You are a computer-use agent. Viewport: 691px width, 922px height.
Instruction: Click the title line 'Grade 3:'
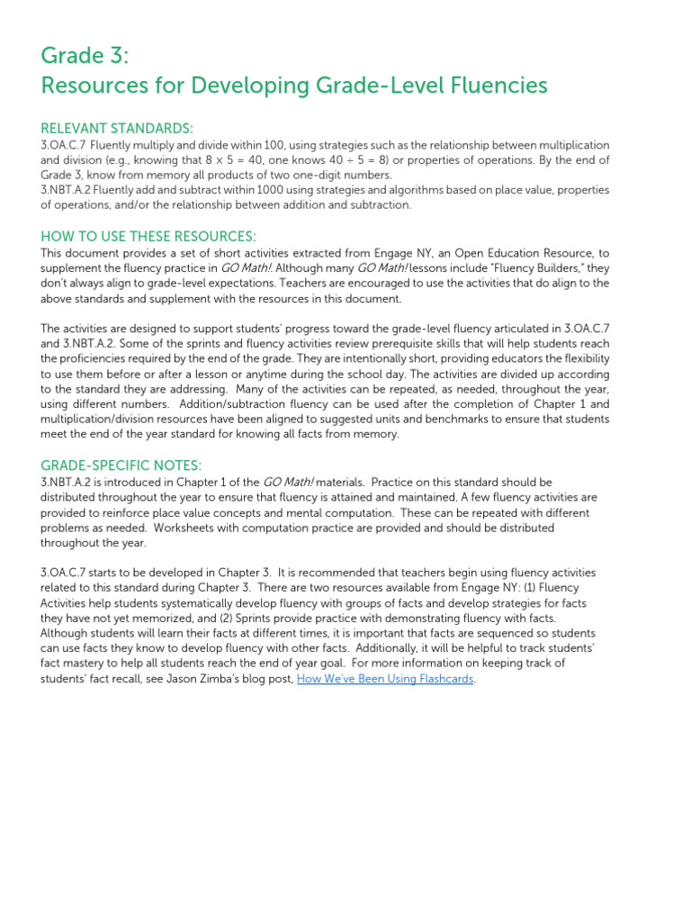point(85,56)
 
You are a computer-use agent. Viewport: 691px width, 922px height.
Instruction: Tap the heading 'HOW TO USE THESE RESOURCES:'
point(148,236)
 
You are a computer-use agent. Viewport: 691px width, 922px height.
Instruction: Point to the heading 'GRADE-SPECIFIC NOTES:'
point(121,465)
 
